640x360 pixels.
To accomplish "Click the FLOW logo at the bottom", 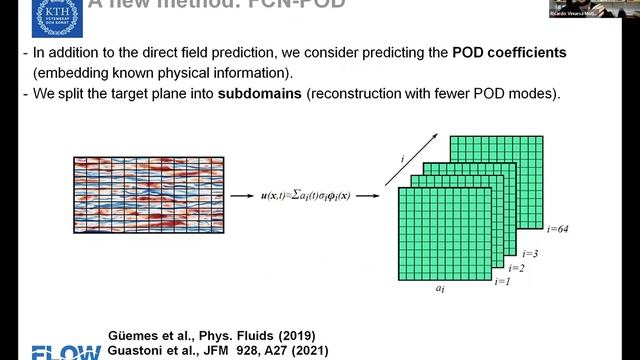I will [x=66, y=352].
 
